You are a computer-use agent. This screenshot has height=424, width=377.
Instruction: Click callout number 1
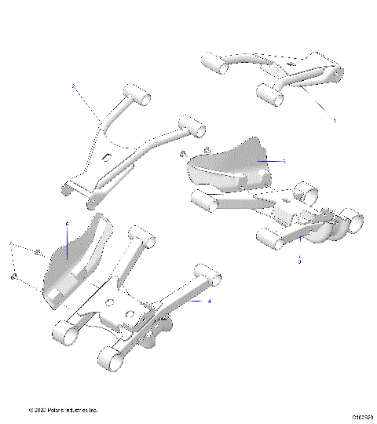pos(335,121)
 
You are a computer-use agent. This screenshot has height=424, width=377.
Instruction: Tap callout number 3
pos(299,261)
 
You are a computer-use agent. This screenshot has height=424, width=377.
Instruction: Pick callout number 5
pos(284,160)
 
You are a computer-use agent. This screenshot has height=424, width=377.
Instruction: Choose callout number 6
pos(67,224)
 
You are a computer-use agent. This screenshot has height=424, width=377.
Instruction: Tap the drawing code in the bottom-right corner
pos(362,410)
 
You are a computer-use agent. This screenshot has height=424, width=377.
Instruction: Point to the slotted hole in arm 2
pos(104,158)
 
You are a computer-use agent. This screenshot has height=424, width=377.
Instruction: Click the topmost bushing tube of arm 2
pos(138,98)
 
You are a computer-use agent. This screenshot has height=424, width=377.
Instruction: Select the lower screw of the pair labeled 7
pos(14,276)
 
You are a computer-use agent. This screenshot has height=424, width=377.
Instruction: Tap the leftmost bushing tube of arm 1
pos(214,64)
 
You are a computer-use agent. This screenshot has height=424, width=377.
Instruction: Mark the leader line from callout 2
pos(86,101)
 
